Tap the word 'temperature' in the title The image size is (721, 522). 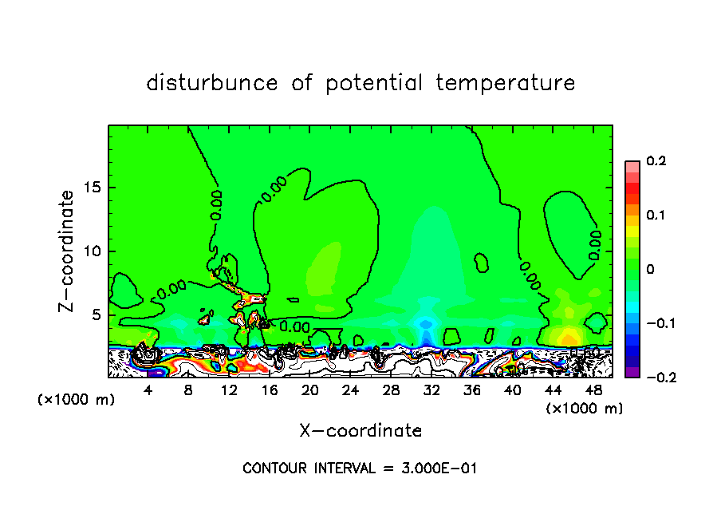tap(506, 83)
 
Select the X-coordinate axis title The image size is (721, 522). tap(360, 431)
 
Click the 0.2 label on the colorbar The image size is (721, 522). tap(656, 161)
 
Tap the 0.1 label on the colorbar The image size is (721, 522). tap(656, 216)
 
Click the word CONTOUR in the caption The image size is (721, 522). tap(272, 469)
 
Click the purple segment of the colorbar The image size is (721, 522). tap(632, 371)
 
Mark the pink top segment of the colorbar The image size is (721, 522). tap(632, 164)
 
